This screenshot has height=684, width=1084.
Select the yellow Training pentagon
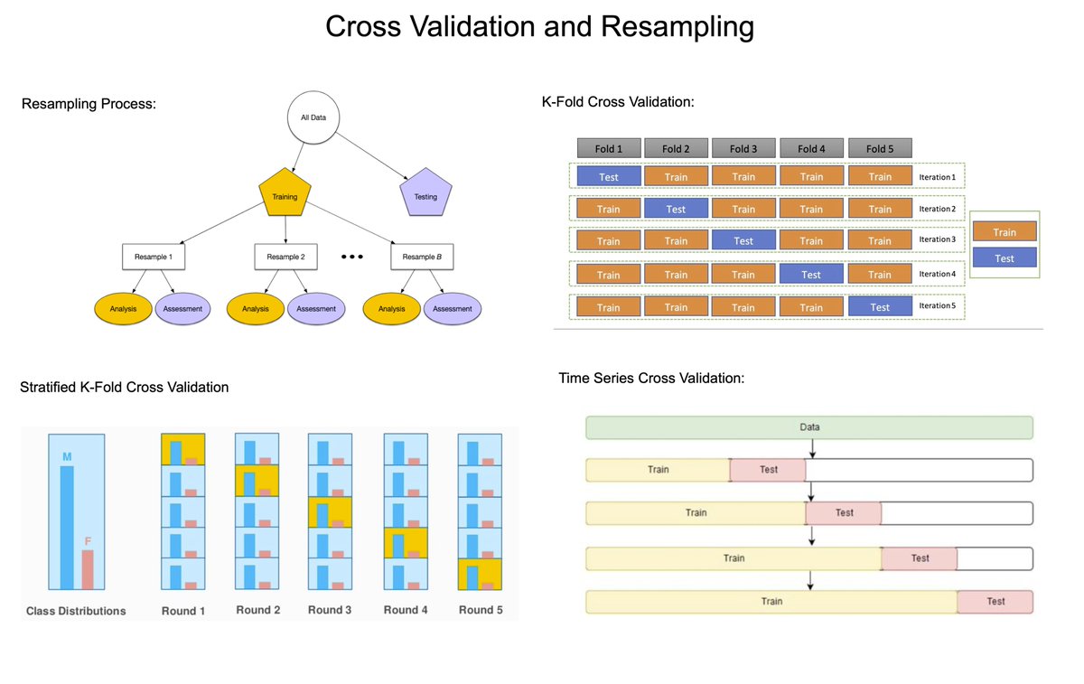(285, 194)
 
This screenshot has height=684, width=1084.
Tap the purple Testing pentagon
(425, 196)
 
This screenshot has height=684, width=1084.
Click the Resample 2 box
(285, 257)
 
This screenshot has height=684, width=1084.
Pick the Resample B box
(422, 257)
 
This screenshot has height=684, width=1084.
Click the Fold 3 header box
(743, 148)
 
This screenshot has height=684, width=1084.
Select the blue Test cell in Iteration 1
(609, 176)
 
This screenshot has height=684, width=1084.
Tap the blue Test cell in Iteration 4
(811, 275)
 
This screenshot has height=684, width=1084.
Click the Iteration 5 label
(936, 306)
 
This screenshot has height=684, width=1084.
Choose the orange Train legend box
(1005, 232)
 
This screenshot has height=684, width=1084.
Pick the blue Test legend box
(1005, 258)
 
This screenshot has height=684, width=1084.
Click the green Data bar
(809, 427)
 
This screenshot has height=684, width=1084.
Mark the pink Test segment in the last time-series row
(995, 602)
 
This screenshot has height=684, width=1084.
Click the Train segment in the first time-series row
(658, 470)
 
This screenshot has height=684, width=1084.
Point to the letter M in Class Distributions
(67, 456)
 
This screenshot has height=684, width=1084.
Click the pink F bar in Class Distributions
(88, 570)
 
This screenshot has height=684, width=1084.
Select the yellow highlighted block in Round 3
(330, 511)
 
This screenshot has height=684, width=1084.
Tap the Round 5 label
(481, 610)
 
